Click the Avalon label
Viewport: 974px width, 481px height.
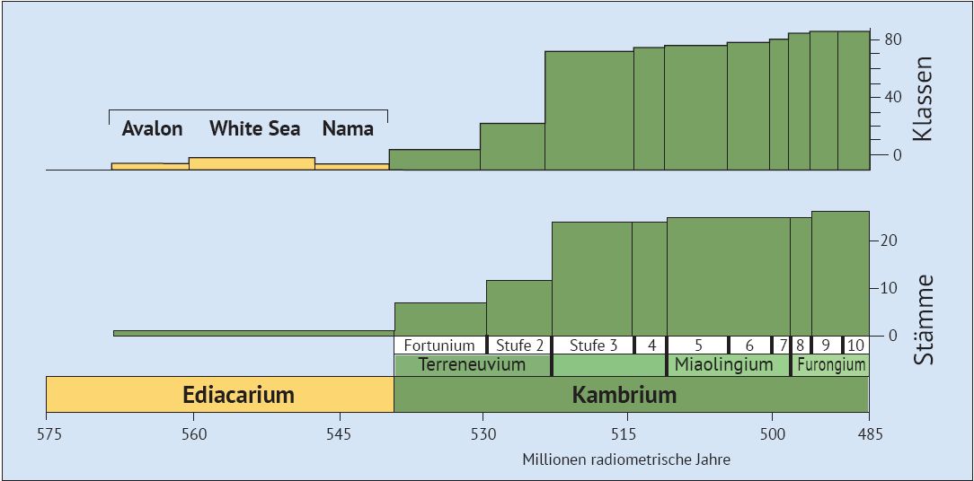click(x=152, y=128)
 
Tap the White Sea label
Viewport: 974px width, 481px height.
click(x=254, y=128)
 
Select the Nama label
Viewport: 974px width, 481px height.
click(x=348, y=128)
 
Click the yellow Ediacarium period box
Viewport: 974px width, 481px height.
click(x=220, y=395)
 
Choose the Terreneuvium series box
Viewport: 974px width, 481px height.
click(x=473, y=364)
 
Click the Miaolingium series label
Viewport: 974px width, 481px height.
click(x=724, y=364)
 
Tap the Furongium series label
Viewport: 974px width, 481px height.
click(x=831, y=364)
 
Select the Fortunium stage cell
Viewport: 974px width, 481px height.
click(x=439, y=345)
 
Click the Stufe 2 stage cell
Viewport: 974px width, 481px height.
click(x=519, y=345)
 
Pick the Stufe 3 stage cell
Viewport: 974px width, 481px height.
click(x=593, y=345)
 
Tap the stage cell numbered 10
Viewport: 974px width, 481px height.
click(x=856, y=345)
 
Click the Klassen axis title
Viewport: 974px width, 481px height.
click(x=923, y=99)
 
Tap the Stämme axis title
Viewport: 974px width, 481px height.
click(x=923, y=319)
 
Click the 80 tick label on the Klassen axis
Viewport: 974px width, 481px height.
click(x=892, y=39)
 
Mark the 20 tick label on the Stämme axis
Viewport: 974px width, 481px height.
click(x=889, y=240)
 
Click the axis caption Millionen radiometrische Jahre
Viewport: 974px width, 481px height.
click(x=626, y=459)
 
